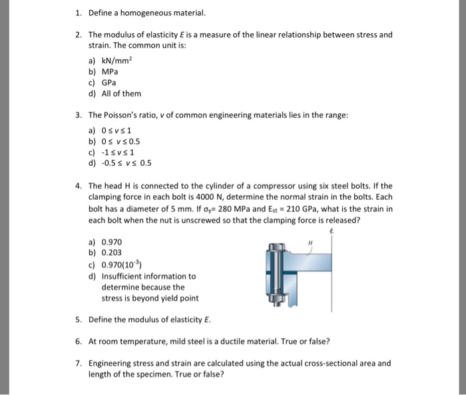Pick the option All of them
point(121,93)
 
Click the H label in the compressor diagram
point(309,244)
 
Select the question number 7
point(79,363)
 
